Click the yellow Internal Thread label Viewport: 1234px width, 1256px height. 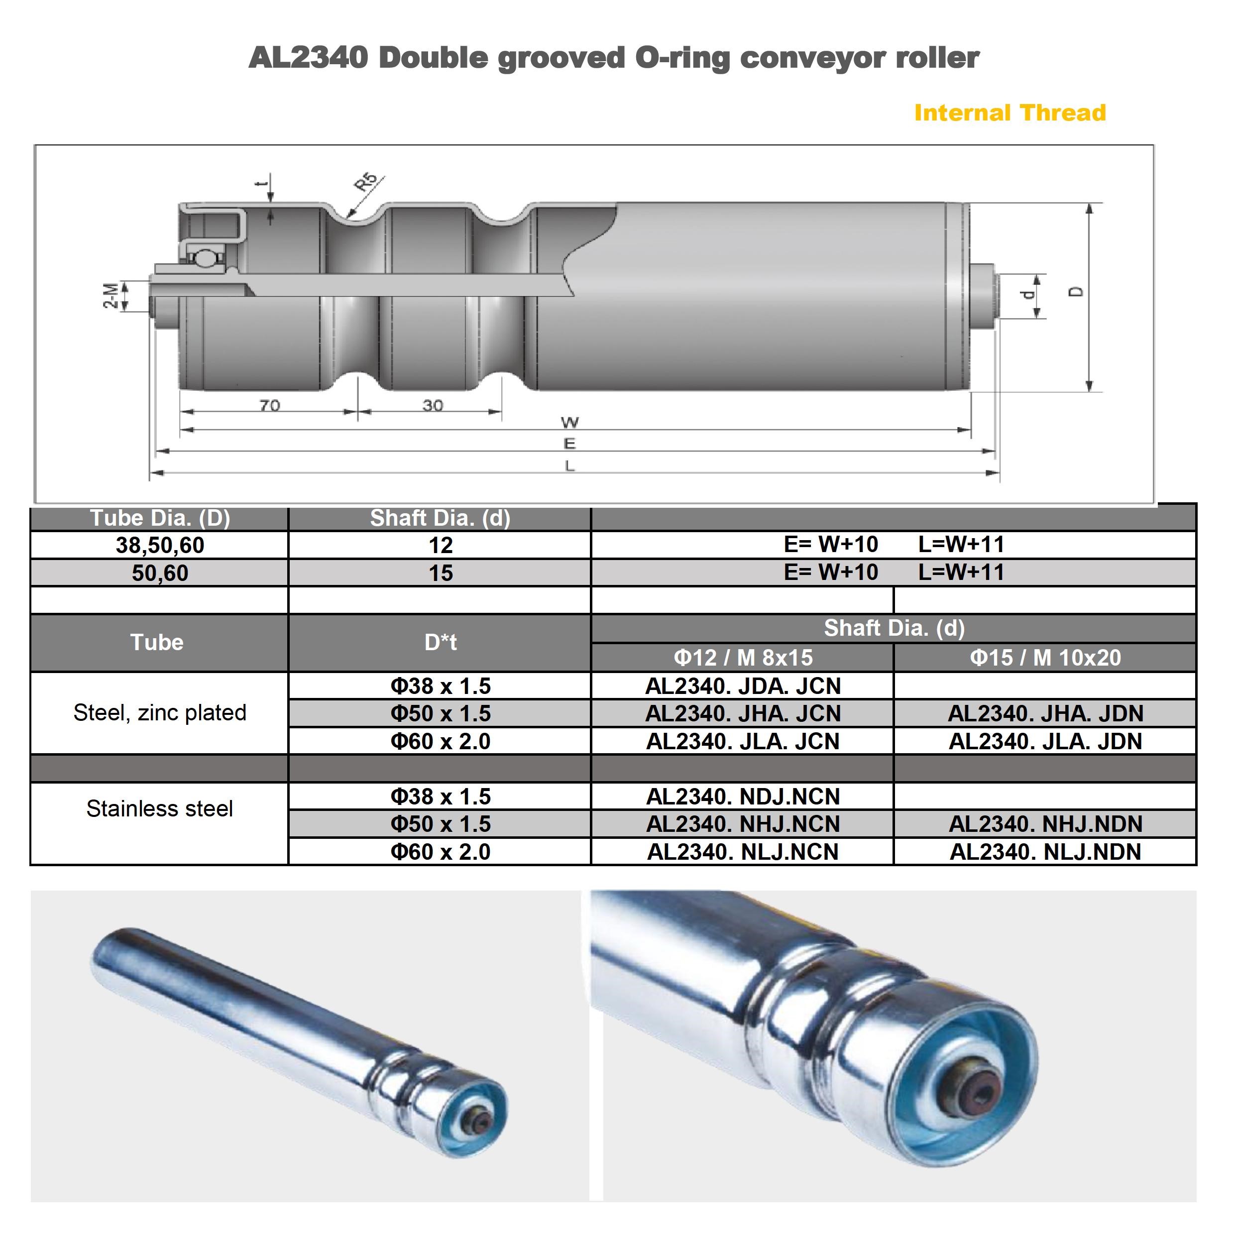point(1010,113)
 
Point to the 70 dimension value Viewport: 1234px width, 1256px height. point(270,405)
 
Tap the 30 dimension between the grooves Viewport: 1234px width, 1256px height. point(433,405)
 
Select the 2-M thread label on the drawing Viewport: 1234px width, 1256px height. point(112,296)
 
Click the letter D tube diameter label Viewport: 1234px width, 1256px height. point(1075,292)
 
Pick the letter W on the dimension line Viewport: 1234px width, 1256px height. point(569,423)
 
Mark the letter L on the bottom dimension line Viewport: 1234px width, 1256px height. point(569,465)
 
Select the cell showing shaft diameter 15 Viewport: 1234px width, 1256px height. point(441,573)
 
